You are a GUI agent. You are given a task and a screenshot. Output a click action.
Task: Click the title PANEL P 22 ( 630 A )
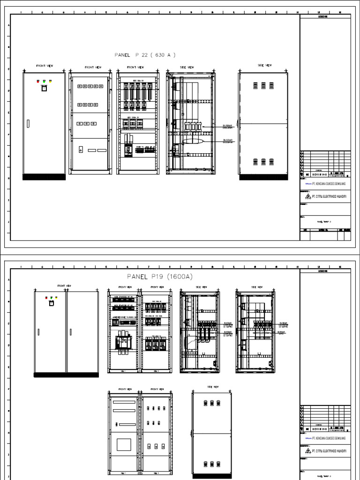[145, 55]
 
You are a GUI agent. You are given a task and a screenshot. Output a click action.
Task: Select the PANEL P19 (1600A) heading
[160, 277]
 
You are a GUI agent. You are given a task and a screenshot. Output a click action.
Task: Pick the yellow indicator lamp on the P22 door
[50, 81]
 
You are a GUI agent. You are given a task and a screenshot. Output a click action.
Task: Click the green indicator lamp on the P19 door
[51, 297]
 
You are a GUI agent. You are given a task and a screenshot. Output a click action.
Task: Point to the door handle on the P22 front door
[28, 124]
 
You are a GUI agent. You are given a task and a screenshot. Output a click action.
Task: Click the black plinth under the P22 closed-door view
[44, 176]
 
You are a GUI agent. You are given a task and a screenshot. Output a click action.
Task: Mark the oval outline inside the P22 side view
[193, 141]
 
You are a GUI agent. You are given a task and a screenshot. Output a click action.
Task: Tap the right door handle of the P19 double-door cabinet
[70, 332]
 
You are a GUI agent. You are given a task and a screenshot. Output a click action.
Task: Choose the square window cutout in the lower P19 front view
[123, 444]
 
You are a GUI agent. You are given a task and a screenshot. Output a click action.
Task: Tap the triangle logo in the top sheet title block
[303, 197]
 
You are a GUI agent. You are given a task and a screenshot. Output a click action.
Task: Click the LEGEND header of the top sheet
[324, 16]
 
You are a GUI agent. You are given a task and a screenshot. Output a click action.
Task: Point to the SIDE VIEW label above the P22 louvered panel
[264, 66]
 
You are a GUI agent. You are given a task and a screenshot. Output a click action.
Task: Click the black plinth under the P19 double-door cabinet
[66, 374]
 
